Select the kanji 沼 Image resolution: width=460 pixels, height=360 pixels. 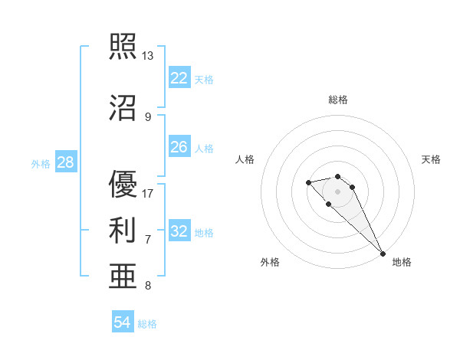(x=123, y=108)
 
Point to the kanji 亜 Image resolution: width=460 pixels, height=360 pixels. (x=123, y=275)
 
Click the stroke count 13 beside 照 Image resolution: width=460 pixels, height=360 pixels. (x=148, y=56)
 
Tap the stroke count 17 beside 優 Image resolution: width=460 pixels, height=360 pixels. (x=148, y=193)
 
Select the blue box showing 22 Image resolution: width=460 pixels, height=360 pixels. (x=179, y=78)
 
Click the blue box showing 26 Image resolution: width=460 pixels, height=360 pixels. (x=179, y=147)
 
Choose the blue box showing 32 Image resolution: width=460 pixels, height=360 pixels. (x=179, y=231)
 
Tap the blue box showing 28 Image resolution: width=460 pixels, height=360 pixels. (x=65, y=162)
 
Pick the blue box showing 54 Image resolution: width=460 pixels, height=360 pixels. (x=122, y=323)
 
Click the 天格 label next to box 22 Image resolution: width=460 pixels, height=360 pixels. (x=204, y=79)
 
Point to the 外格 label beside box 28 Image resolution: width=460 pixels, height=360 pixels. (x=41, y=163)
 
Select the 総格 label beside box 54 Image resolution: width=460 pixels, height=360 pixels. (x=147, y=324)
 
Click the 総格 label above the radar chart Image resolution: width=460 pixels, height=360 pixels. (x=338, y=100)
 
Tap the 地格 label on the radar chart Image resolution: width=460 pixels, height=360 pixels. (x=402, y=262)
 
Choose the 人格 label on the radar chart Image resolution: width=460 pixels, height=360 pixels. (x=245, y=159)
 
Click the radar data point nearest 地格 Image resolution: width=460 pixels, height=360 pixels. (x=383, y=254)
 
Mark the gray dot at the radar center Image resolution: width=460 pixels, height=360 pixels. (x=338, y=191)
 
